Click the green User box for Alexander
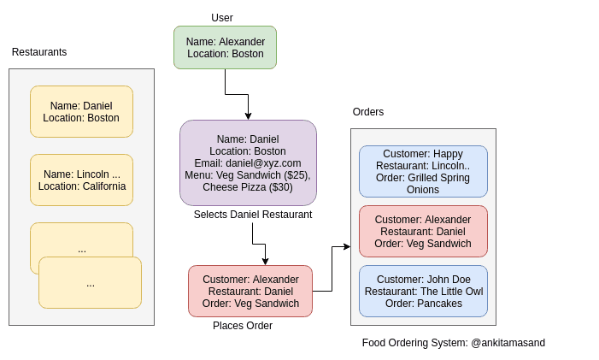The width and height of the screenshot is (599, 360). (x=225, y=47)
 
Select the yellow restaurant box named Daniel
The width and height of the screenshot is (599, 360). (x=81, y=111)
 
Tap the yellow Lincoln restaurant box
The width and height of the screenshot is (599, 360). (x=81, y=180)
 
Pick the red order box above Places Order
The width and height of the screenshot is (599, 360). (x=250, y=291)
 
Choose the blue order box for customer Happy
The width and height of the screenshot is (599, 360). (x=423, y=171)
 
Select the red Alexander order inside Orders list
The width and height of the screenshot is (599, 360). (x=423, y=231)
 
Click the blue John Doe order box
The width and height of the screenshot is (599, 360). (x=423, y=291)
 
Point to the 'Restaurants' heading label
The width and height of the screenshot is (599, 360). (x=39, y=52)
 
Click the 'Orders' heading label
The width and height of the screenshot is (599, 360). (x=368, y=112)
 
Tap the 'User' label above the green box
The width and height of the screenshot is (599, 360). (x=222, y=18)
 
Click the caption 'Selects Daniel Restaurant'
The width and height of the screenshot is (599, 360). (x=253, y=215)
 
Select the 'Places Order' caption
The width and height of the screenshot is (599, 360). (x=243, y=326)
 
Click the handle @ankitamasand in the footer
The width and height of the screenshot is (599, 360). (x=508, y=343)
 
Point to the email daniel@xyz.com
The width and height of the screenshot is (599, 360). (x=248, y=162)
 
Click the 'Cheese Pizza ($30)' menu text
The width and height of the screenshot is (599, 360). (x=248, y=186)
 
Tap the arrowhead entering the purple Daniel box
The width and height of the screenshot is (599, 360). (x=248, y=115)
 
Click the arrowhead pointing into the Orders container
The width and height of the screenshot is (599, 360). (x=346, y=246)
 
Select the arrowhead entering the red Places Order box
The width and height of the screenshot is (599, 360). (x=265, y=261)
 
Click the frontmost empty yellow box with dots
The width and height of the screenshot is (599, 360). (x=90, y=282)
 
